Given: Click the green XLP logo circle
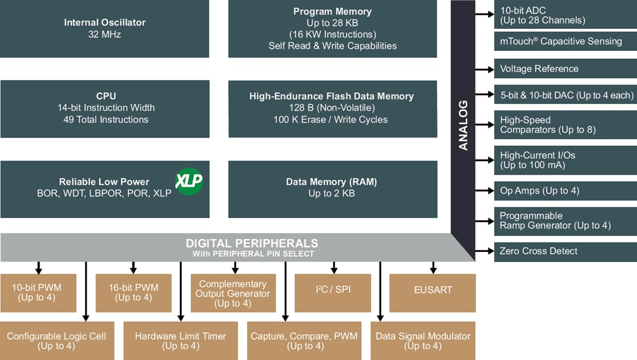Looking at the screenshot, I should [189, 181].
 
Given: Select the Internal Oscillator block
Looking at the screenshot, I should [104, 28].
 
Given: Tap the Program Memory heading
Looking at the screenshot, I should [332, 12].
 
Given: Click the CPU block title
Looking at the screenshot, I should [106, 96].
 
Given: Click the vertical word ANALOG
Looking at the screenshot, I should [463, 125].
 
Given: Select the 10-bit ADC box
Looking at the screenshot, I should [565, 15].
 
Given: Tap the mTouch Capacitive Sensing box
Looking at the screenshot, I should [565, 41].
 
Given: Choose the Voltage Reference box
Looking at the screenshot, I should [565, 69].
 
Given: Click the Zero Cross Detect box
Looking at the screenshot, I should [565, 251].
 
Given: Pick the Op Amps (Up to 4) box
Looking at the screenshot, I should [565, 191].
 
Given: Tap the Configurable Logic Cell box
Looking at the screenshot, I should [57, 341].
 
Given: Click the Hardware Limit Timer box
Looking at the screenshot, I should [180, 341].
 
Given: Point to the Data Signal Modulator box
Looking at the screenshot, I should [423, 341].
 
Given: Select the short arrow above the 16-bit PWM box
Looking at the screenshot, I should [134, 267].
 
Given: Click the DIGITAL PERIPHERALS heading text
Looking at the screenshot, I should [252, 243].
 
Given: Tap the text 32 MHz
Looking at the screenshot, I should [104, 34].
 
